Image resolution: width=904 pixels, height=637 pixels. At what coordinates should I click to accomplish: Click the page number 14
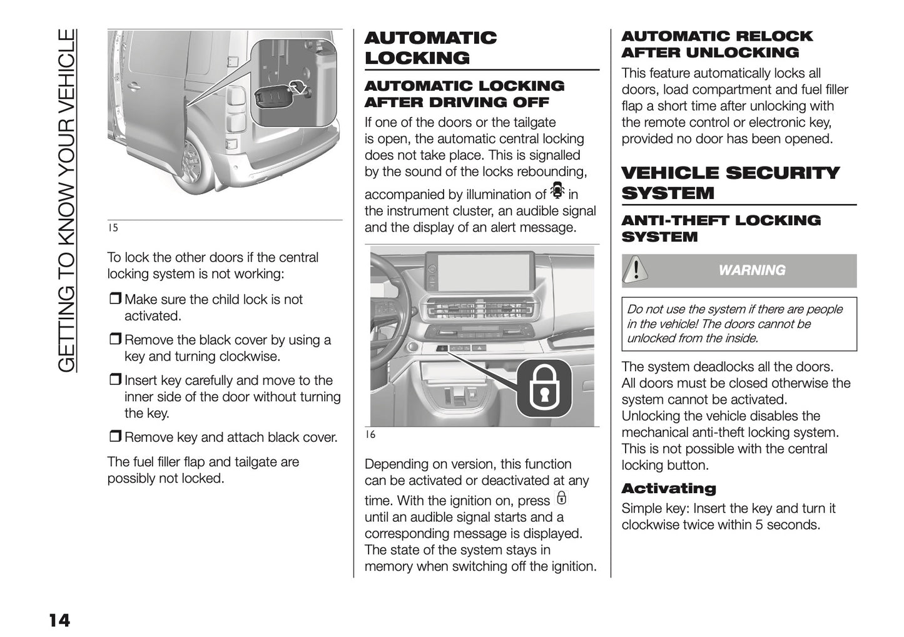coord(59,620)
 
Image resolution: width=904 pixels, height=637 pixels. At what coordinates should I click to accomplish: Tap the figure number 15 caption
coord(113,228)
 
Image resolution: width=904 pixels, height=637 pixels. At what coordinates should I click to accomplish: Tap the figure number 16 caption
coord(370,434)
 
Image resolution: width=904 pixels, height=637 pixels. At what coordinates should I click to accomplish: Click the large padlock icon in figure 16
coord(543,390)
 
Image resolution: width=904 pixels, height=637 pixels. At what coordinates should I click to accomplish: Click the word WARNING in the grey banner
coord(751,270)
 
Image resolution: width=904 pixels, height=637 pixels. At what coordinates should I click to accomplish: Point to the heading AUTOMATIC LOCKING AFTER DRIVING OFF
coord(464,94)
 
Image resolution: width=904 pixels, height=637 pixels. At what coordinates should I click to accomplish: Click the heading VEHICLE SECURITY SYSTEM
coord(730,183)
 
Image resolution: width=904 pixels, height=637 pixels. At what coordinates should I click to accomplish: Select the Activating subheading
coord(668,489)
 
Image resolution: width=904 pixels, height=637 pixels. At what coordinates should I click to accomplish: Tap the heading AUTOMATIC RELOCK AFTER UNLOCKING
coord(716,44)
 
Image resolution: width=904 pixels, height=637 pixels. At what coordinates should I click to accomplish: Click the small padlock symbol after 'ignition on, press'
coord(561,499)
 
